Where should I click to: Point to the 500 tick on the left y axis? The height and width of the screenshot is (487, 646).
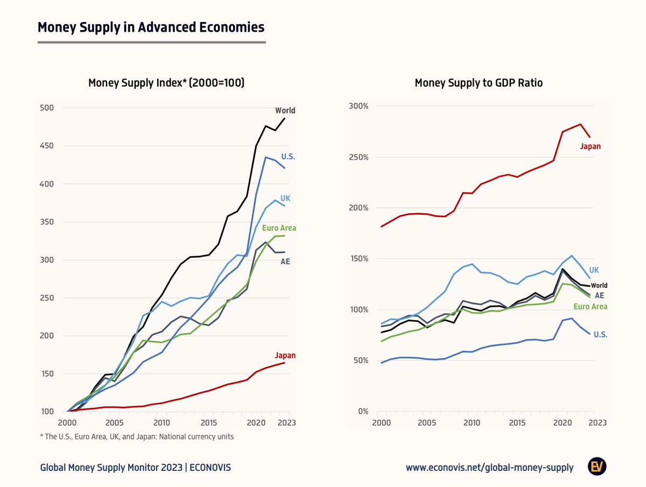click(x=47, y=108)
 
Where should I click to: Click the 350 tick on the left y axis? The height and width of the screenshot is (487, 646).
click(x=47, y=222)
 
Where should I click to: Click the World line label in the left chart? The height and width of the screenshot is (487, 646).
click(x=285, y=111)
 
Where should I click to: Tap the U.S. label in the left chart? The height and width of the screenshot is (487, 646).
click(x=288, y=157)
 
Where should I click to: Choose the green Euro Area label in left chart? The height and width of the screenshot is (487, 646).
click(x=279, y=228)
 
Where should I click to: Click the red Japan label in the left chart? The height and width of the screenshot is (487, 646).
click(x=285, y=356)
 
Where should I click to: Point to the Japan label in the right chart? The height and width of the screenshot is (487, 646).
click(x=590, y=146)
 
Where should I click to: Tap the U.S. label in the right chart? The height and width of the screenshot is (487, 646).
click(x=600, y=334)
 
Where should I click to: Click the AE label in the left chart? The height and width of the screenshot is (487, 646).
click(x=285, y=261)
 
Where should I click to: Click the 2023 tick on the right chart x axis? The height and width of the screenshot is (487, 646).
click(x=598, y=424)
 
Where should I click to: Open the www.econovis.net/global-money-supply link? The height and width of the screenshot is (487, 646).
click(x=489, y=468)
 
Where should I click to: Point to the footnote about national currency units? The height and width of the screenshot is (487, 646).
click(x=137, y=437)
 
